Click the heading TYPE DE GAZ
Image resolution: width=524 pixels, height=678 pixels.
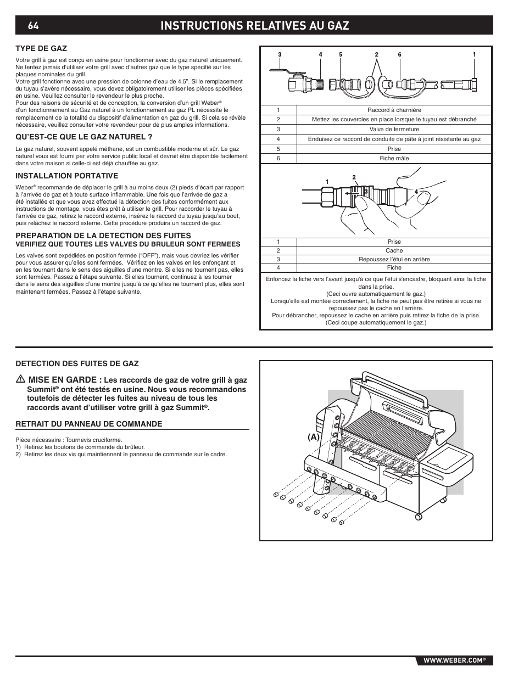pyautogui.click(x=41, y=48)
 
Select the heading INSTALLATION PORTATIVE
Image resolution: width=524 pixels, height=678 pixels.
pyautogui.click(x=66, y=176)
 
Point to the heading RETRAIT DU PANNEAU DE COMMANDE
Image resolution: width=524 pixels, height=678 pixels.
pyautogui.click(x=88, y=424)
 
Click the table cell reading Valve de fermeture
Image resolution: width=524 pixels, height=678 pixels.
pyautogui.click(x=394, y=130)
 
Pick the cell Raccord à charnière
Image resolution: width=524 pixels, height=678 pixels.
pyautogui.click(x=394, y=110)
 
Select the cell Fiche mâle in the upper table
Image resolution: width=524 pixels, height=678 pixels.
pyautogui.click(x=394, y=158)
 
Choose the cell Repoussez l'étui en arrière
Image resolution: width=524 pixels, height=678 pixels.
pyautogui.click(x=394, y=259)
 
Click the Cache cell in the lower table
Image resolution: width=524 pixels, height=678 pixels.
pyautogui.click(x=394, y=250)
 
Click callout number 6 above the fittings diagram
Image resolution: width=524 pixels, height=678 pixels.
pyautogui.click(x=400, y=55)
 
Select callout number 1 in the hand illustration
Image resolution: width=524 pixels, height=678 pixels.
pyautogui.click(x=327, y=182)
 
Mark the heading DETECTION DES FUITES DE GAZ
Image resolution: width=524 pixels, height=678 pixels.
pyautogui.click(x=77, y=363)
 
